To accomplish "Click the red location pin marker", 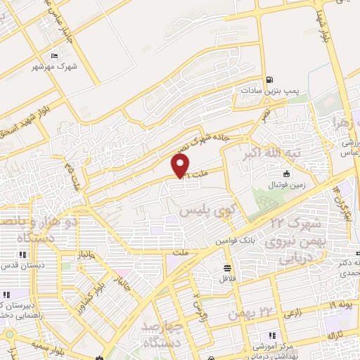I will pyautogui.click(x=181, y=166).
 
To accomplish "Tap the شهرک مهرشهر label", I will pyautogui.click(x=54, y=67).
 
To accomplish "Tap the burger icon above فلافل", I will pyautogui.click(x=227, y=267).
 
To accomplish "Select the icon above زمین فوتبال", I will pyautogui.click(x=286, y=174).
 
